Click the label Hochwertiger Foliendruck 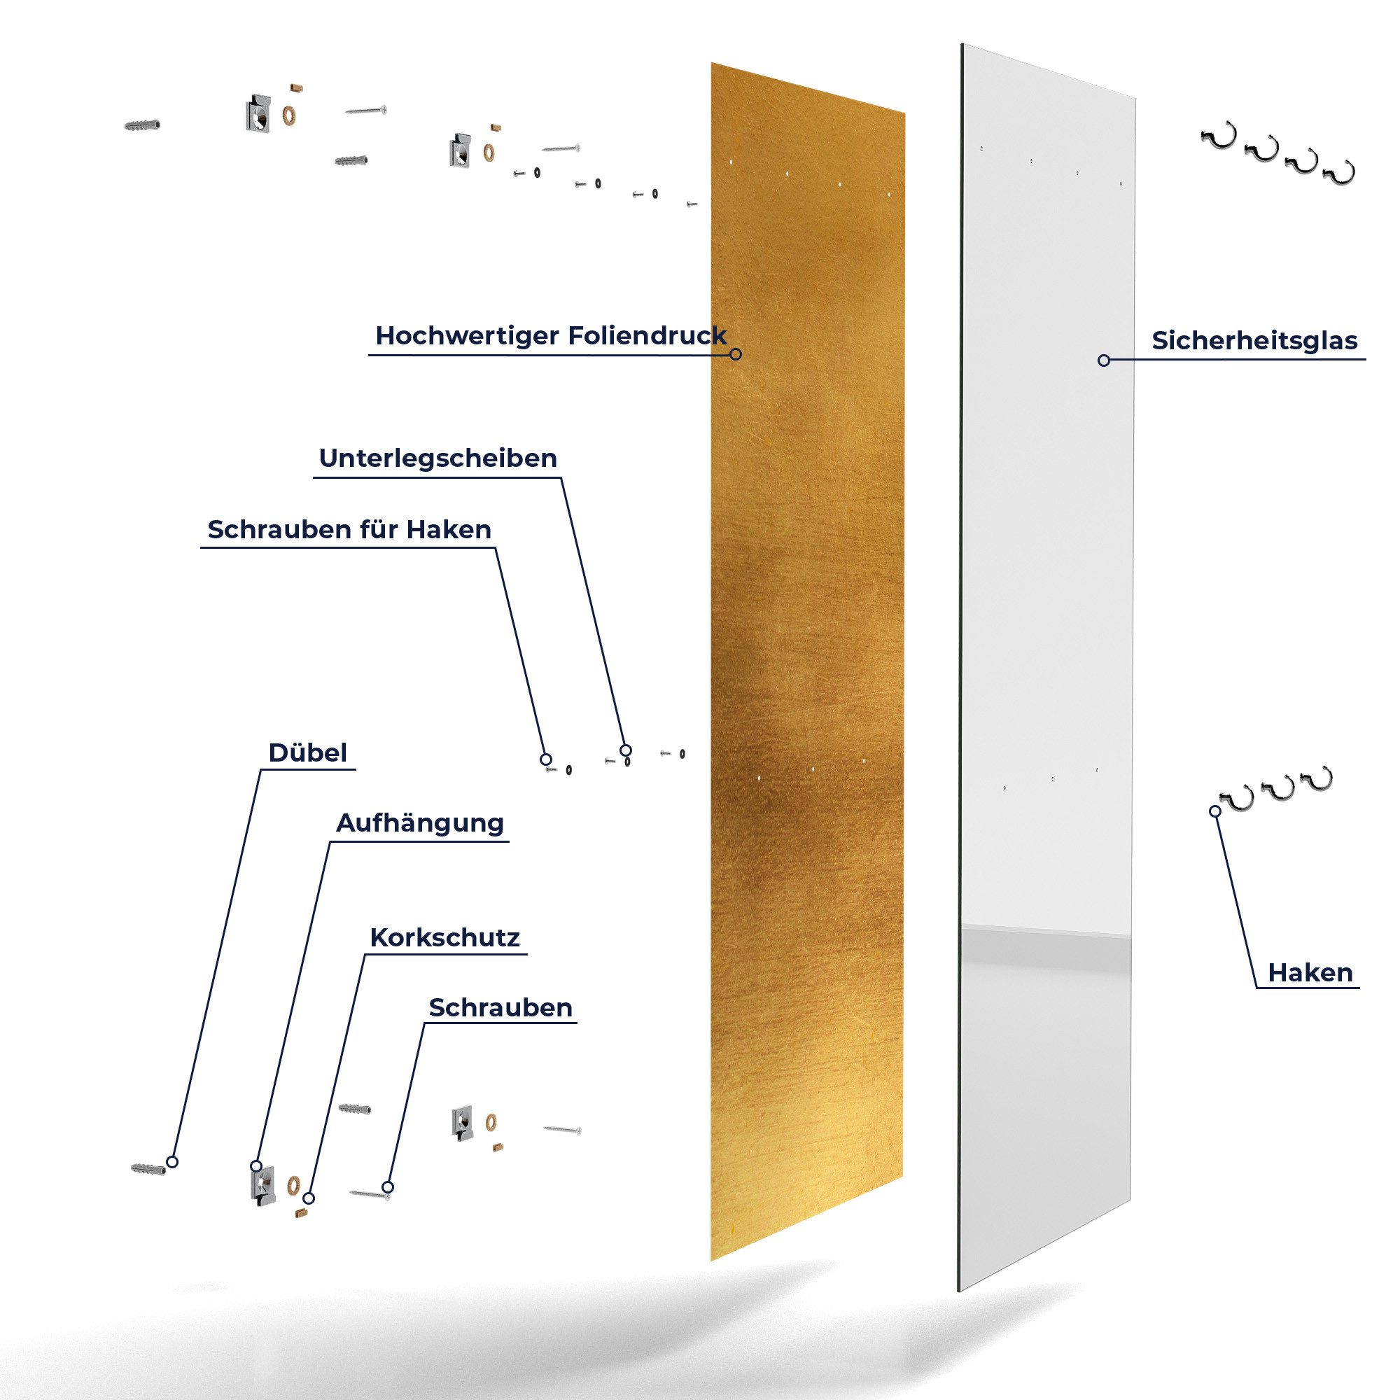point(550,336)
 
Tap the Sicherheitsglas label point(1254,341)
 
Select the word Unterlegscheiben point(437,458)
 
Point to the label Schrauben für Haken point(349,530)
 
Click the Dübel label point(307,753)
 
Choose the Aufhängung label point(419,823)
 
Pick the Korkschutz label point(444,938)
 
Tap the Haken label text point(1310,972)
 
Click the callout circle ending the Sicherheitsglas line point(1104,360)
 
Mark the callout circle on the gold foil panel point(736,354)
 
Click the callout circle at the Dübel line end point(171,1162)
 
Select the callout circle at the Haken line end point(1215,811)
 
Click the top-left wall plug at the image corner point(141,125)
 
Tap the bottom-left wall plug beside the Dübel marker point(148,1170)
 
